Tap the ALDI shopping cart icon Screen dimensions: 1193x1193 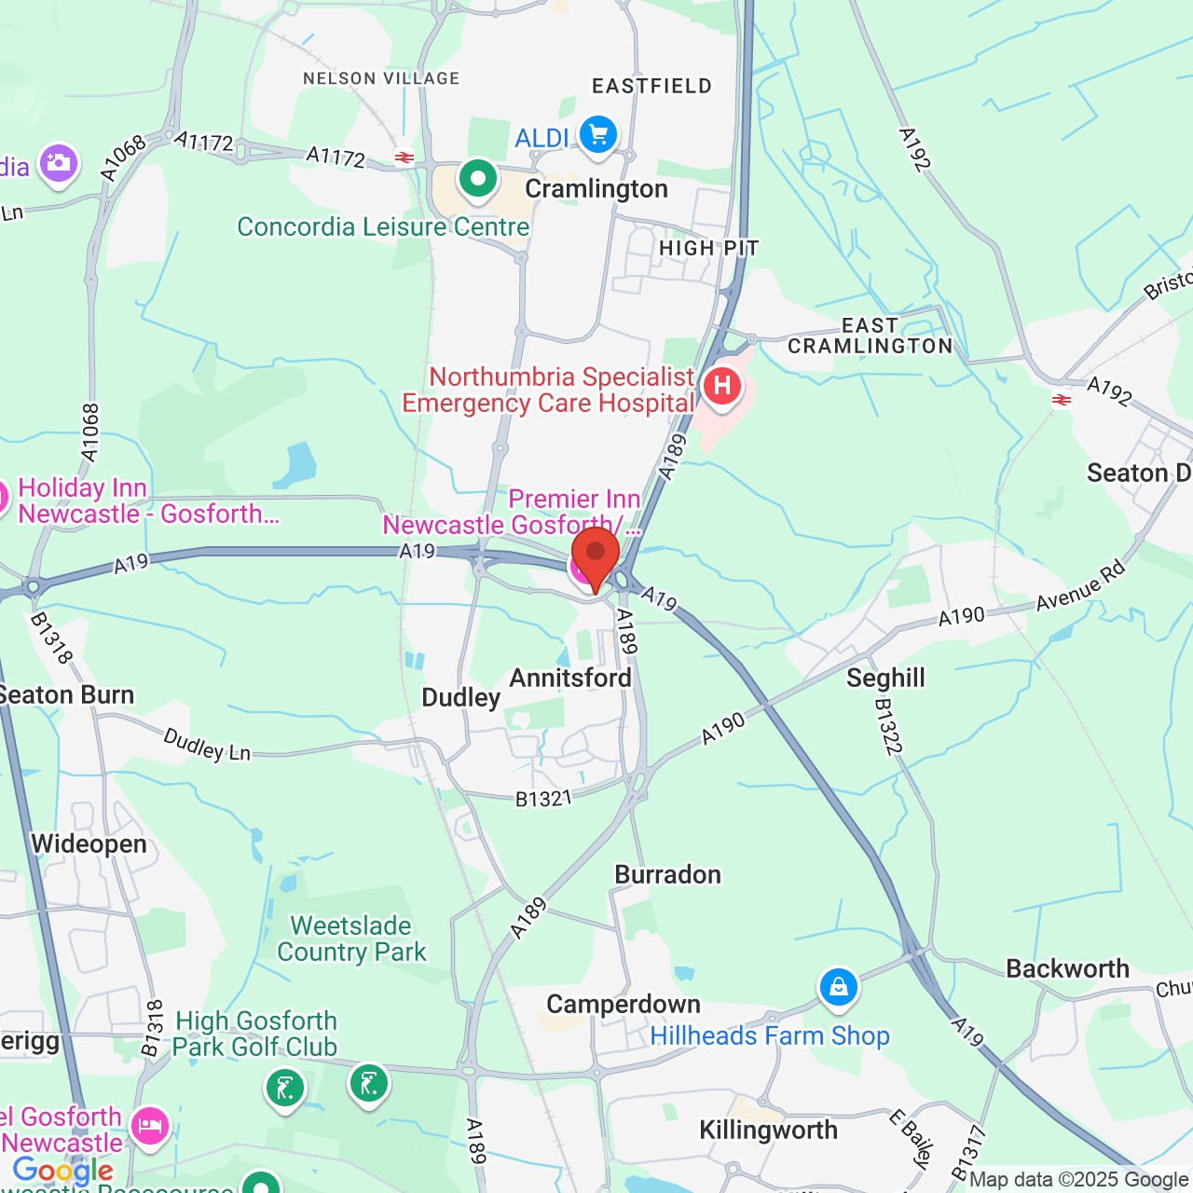tap(598, 135)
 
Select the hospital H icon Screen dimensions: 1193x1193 tap(721, 386)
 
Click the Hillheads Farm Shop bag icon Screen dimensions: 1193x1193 tap(838, 986)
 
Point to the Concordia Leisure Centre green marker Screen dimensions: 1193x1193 tap(478, 177)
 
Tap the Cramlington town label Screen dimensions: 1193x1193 tap(596, 189)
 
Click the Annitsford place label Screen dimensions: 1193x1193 tap(570, 678)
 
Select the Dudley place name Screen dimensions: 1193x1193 tap(461, 698)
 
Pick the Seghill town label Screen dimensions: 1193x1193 tap(885, 678)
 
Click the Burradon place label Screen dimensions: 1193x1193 tap(668, 875)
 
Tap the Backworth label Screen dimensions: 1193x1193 tap(1067, 969)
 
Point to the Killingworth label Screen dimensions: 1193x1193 tap(769, 1131)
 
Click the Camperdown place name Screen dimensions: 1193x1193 tap(624, 1005)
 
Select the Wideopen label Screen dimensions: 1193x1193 tap(89, 844)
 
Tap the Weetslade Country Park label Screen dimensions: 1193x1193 tap(351, 939)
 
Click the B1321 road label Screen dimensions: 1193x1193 tap(544, 798)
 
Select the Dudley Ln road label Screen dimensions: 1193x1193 tap(208, 745)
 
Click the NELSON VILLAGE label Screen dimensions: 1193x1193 tap(381, 79)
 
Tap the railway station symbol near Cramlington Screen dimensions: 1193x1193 tap(405, 158)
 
